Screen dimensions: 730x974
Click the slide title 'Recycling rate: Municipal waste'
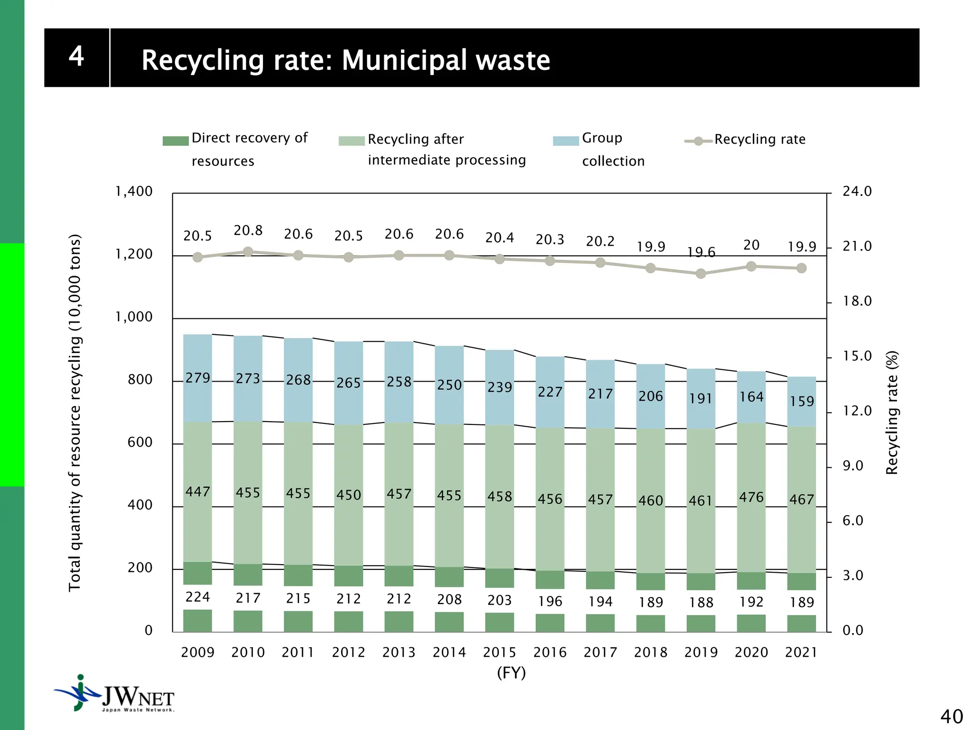[x=346, y=60]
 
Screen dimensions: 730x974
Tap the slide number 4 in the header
[x=77, y=57]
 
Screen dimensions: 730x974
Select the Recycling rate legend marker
[x=698, y=141]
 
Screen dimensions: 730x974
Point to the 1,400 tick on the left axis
[x=134, y=192]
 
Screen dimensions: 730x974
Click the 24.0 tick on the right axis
[x=857, y=192]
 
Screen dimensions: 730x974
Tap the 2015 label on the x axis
[x=499, y=653]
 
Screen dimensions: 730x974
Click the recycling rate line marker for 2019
[x=701, y=274]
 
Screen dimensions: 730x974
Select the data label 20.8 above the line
[x=248, y=231]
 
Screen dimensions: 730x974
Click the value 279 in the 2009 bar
[x=198, y=378]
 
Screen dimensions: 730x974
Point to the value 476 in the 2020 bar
[x=751, y=498]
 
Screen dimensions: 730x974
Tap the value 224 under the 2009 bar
[x=198, y=597]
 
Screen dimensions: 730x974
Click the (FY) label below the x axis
[x=511, y=673]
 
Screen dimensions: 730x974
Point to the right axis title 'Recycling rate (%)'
[x=892, y=413]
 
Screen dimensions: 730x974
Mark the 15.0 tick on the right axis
[x=857, y=356]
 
